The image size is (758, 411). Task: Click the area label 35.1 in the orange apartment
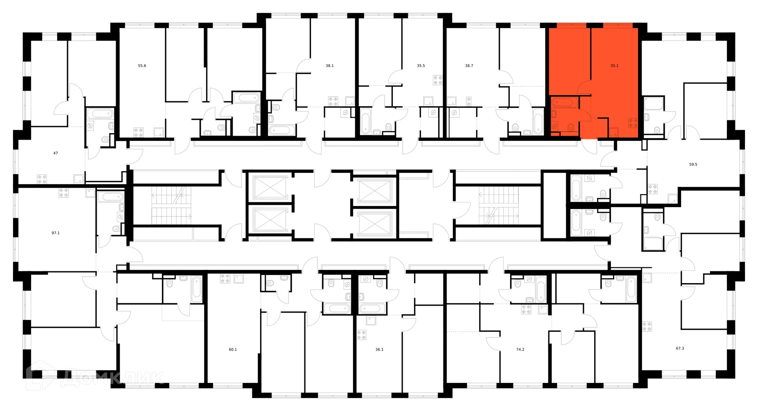(614, 66)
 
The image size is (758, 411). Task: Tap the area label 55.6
(142, 66)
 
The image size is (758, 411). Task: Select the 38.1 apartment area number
(330, 66)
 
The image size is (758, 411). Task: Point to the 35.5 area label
(421, 66)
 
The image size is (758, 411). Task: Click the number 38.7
(469, 66)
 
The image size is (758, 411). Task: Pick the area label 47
(56, 153)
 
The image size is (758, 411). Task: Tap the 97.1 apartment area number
(56, 233)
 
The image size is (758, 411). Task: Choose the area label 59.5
(693, 164)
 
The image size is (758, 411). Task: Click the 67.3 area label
(680, 348)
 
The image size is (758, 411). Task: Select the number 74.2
(520, 349)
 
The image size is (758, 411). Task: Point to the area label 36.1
(379, 349)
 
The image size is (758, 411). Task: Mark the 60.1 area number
(233, 349)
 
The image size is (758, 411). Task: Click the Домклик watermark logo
(95, 377)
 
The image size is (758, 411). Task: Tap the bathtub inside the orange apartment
(564, 103)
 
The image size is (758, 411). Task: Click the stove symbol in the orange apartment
(633, 123)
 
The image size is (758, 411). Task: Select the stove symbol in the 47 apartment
(42, 179)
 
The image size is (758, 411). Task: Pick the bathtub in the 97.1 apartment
(111, 196)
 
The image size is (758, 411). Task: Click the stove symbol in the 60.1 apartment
(225, 278)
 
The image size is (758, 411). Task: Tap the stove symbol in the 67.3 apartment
(647, 326)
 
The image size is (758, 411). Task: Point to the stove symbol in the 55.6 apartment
(138, 132)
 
